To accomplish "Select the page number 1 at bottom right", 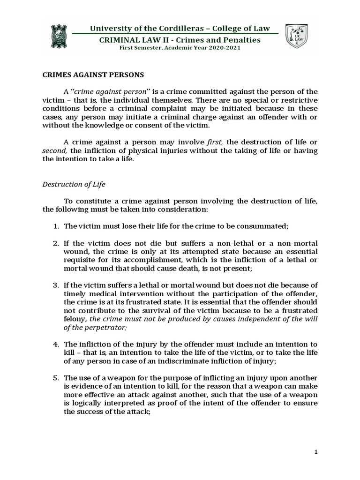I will point(316,451).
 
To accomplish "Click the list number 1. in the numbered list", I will point(55,226).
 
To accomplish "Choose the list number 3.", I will point(55,284).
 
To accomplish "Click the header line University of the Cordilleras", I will point(180,29).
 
